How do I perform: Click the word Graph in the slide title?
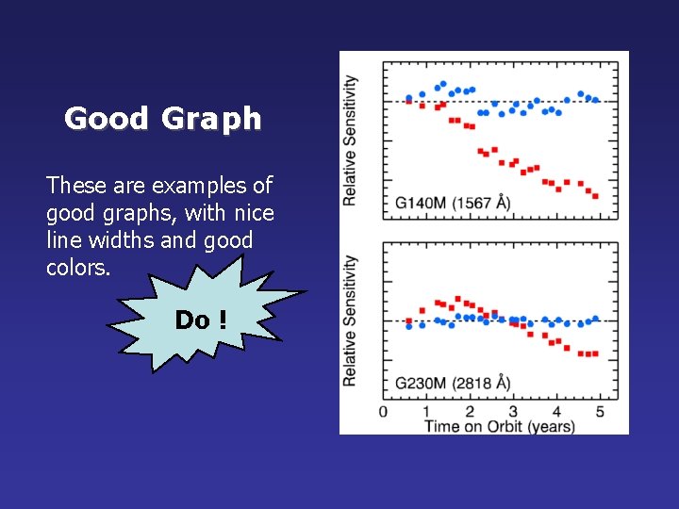[x=211, y=120]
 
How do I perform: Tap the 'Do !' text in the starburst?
[x=201, y=320]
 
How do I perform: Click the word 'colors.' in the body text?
[x=78, y=268]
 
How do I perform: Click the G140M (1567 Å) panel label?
[x=453, y=202]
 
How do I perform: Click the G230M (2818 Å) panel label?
[x=453, y=383]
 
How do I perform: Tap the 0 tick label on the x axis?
[x=383, y=412]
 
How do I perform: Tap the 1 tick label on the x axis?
[x=426, y=412]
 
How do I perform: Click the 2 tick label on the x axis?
[x=470, y=412]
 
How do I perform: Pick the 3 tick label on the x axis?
[x=513, y=412]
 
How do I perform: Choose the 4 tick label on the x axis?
[x=556, y=412]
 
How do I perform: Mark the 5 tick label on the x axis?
[x=600, y=412]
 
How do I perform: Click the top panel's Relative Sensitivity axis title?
[x=350, y=140]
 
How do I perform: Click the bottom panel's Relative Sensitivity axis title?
[x=350, y=320]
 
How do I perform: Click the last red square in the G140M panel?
[x=596, y=196]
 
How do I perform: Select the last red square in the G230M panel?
[x=595, y=353]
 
